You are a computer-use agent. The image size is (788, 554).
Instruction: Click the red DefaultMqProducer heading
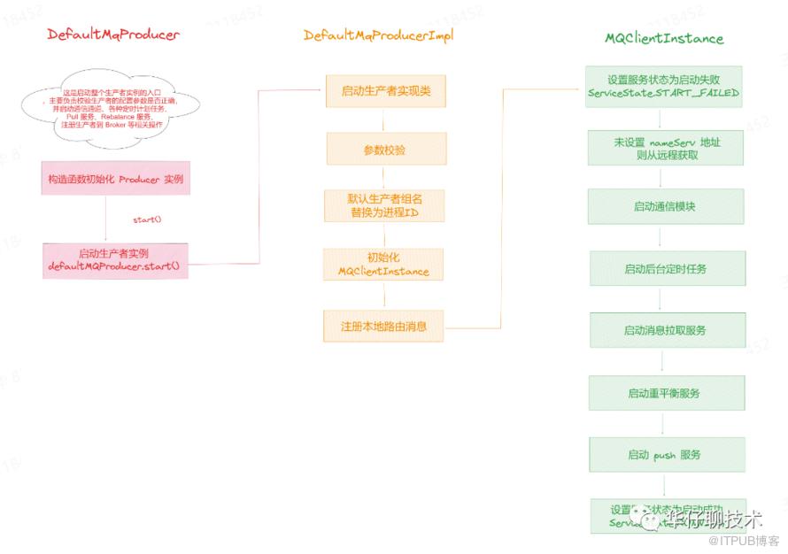click(x=112, y=35)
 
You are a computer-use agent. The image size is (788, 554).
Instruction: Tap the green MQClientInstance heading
click(x=664, y=38)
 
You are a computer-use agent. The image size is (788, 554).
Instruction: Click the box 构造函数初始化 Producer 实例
click(x=116, y=180)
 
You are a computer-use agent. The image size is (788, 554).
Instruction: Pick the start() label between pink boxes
click(x=147, y=218)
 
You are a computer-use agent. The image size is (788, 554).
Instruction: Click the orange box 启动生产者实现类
click(x=383, y=90)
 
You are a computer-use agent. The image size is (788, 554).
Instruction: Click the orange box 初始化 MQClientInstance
click(x=383, y=265)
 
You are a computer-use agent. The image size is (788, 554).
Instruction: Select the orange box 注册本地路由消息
click(x=383, y=326)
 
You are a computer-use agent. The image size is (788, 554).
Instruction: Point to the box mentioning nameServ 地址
click(x=665, y=147)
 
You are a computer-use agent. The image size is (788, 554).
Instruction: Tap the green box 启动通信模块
click(x=665, y=207)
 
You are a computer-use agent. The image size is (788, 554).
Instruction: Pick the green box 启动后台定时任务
click(x=665, y=268)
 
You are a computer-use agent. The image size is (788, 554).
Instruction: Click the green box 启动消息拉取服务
click(x=665, y=330)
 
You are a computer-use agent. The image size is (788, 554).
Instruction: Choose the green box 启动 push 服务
click(x=665, y=454)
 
